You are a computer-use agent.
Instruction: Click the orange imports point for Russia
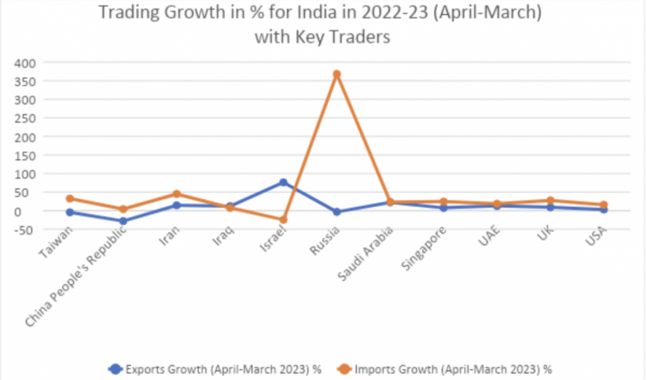pyautogui.click(x=337, y=74)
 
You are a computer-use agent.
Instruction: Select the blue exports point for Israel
pyautogui.click(x=283, y=182)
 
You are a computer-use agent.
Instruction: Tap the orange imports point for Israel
pyautogui.click(x=283, y=219)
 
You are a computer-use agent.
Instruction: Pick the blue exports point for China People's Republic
pyautogui.click(x=123, y=221)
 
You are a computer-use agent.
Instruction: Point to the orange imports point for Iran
pyautogui.click(x=177, y=194)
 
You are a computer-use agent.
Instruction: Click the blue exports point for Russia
pyautogui.click(x=337, y=212)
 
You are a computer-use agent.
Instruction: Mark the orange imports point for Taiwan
pyautogui.click(x=70, y=199)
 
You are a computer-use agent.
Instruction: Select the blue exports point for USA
pyautogui.click(x=603, y=209)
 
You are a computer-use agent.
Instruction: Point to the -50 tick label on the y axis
pyautogui.click(x=25, y=230)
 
